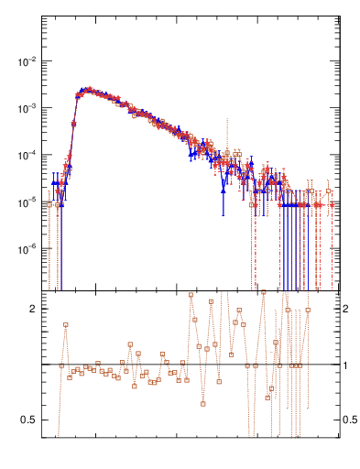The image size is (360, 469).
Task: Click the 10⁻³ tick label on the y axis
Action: [27, 108]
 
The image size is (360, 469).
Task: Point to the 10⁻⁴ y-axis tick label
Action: [27, 155]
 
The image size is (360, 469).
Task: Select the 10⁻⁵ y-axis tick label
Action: [27, 202]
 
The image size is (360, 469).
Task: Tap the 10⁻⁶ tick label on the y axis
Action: [27, 248]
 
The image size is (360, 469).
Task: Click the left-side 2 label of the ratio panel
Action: [32, 310]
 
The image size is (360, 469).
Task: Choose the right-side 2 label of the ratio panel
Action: [345, 310]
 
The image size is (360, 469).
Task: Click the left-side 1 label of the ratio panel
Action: [32, 365]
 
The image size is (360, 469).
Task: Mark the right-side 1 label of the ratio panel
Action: [345, 365]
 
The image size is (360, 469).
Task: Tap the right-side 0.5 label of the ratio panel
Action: [349, 420]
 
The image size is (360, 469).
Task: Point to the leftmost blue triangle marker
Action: [54, 183]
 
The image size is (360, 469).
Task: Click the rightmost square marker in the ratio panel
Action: [308, 310]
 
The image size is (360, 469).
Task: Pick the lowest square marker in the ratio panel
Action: [203, 404]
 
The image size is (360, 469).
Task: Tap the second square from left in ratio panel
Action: [66, 324]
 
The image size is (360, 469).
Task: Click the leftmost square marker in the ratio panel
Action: [61, 365]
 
